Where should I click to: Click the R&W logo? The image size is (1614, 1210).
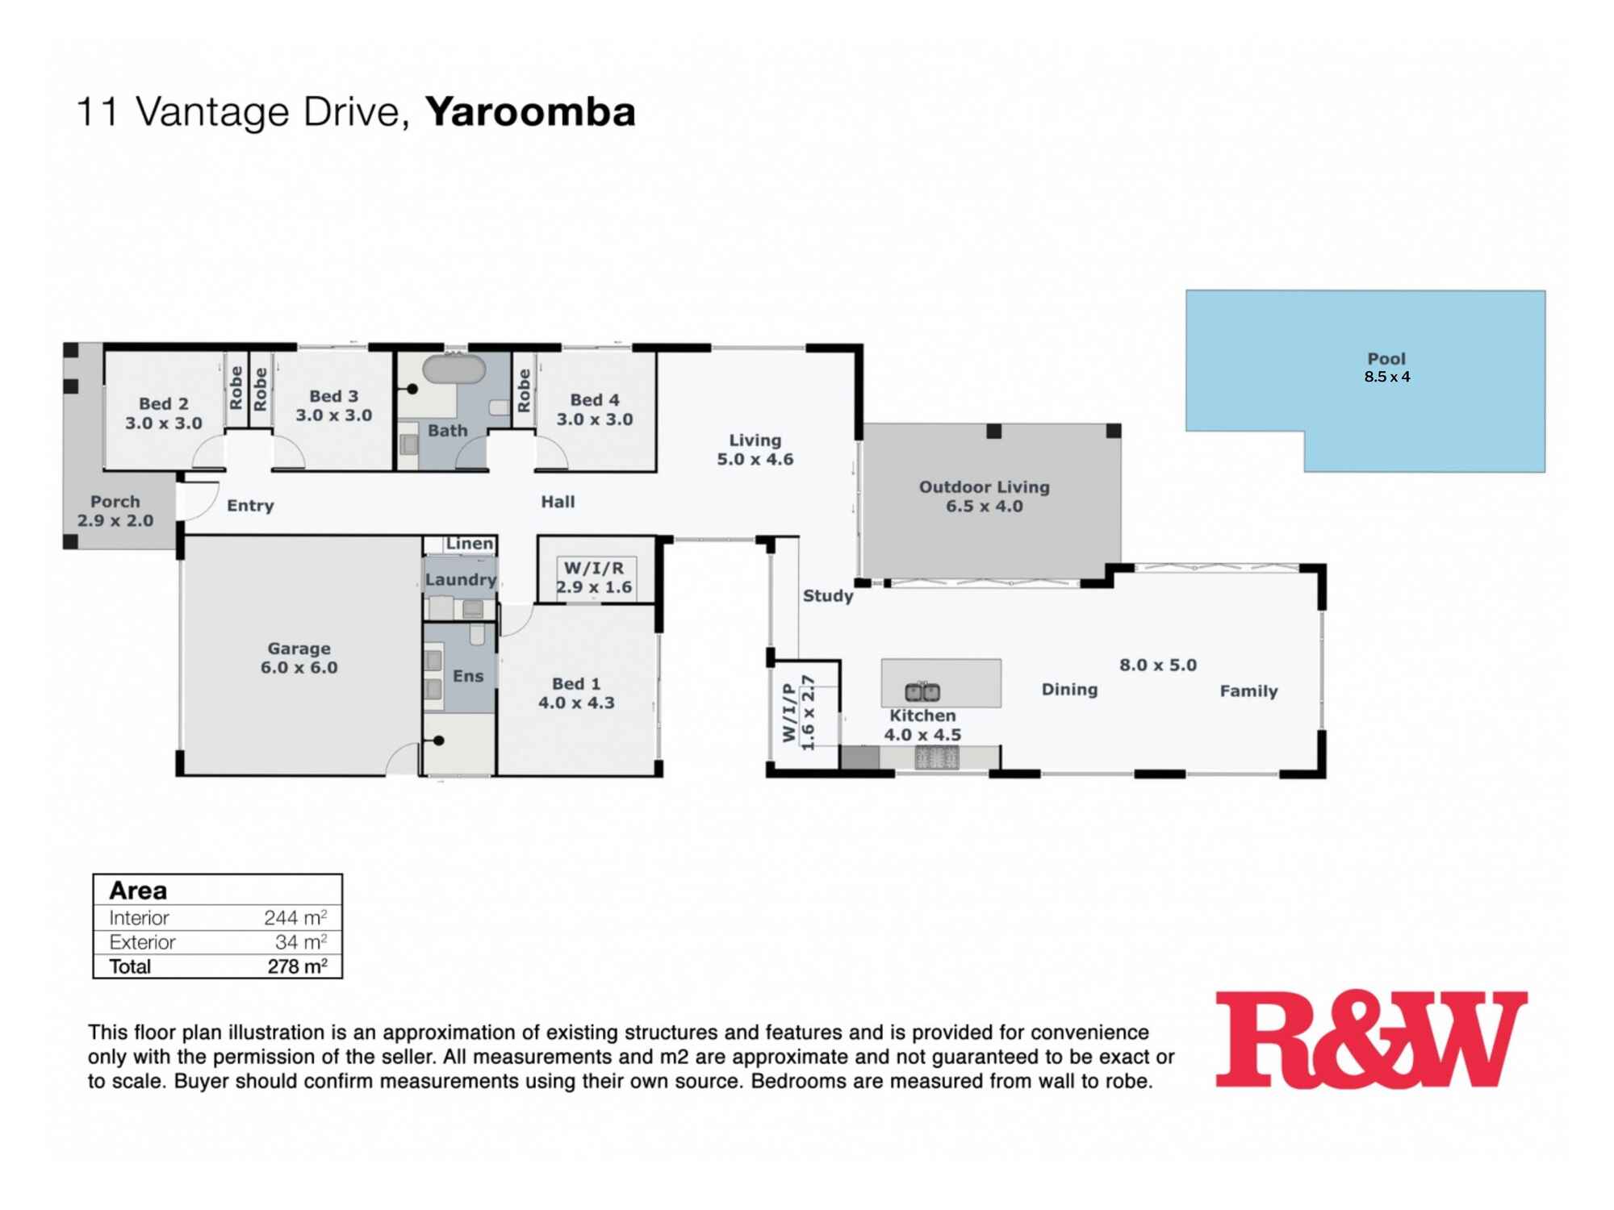[1370, 1040]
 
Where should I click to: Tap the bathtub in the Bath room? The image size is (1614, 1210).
[454, 369]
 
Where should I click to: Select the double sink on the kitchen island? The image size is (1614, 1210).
[922, 691]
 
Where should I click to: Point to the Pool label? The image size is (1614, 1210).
[1386, 359]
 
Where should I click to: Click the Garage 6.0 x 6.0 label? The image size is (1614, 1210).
[299, 658]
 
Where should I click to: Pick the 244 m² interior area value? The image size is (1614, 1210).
[295, 918]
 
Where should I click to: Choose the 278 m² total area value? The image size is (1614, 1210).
[297, 966]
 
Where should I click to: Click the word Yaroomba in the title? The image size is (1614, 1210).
[530, 112]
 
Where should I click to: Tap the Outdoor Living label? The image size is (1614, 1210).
[984, 496]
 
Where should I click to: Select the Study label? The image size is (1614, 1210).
[827, 596]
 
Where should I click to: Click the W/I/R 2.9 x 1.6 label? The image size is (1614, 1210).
[594, 578]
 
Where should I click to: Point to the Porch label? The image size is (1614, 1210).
[115, 511]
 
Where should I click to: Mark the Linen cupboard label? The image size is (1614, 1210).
[469, 544]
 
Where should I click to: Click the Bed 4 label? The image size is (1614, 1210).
[595, 409]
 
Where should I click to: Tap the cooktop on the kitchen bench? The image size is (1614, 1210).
[936, 757]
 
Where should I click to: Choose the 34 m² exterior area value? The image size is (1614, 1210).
[300, 942]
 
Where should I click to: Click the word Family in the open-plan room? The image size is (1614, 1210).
[1248, 691]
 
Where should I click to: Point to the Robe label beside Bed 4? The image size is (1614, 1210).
[524, 390]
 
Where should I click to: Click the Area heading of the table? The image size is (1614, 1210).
[138, 891]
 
